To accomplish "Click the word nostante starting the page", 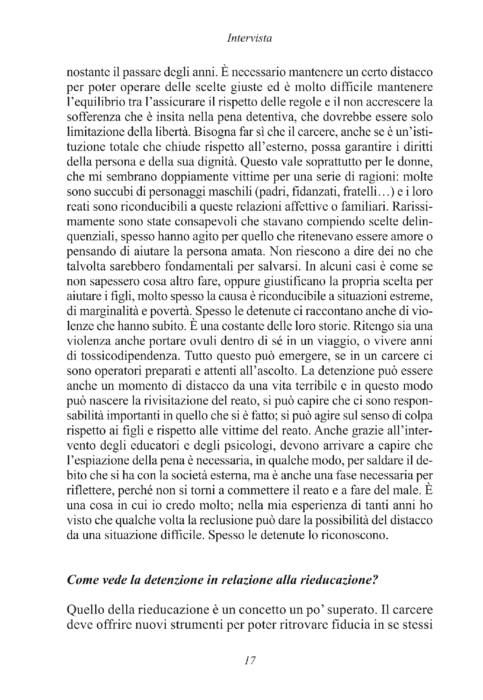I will [85, 73].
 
